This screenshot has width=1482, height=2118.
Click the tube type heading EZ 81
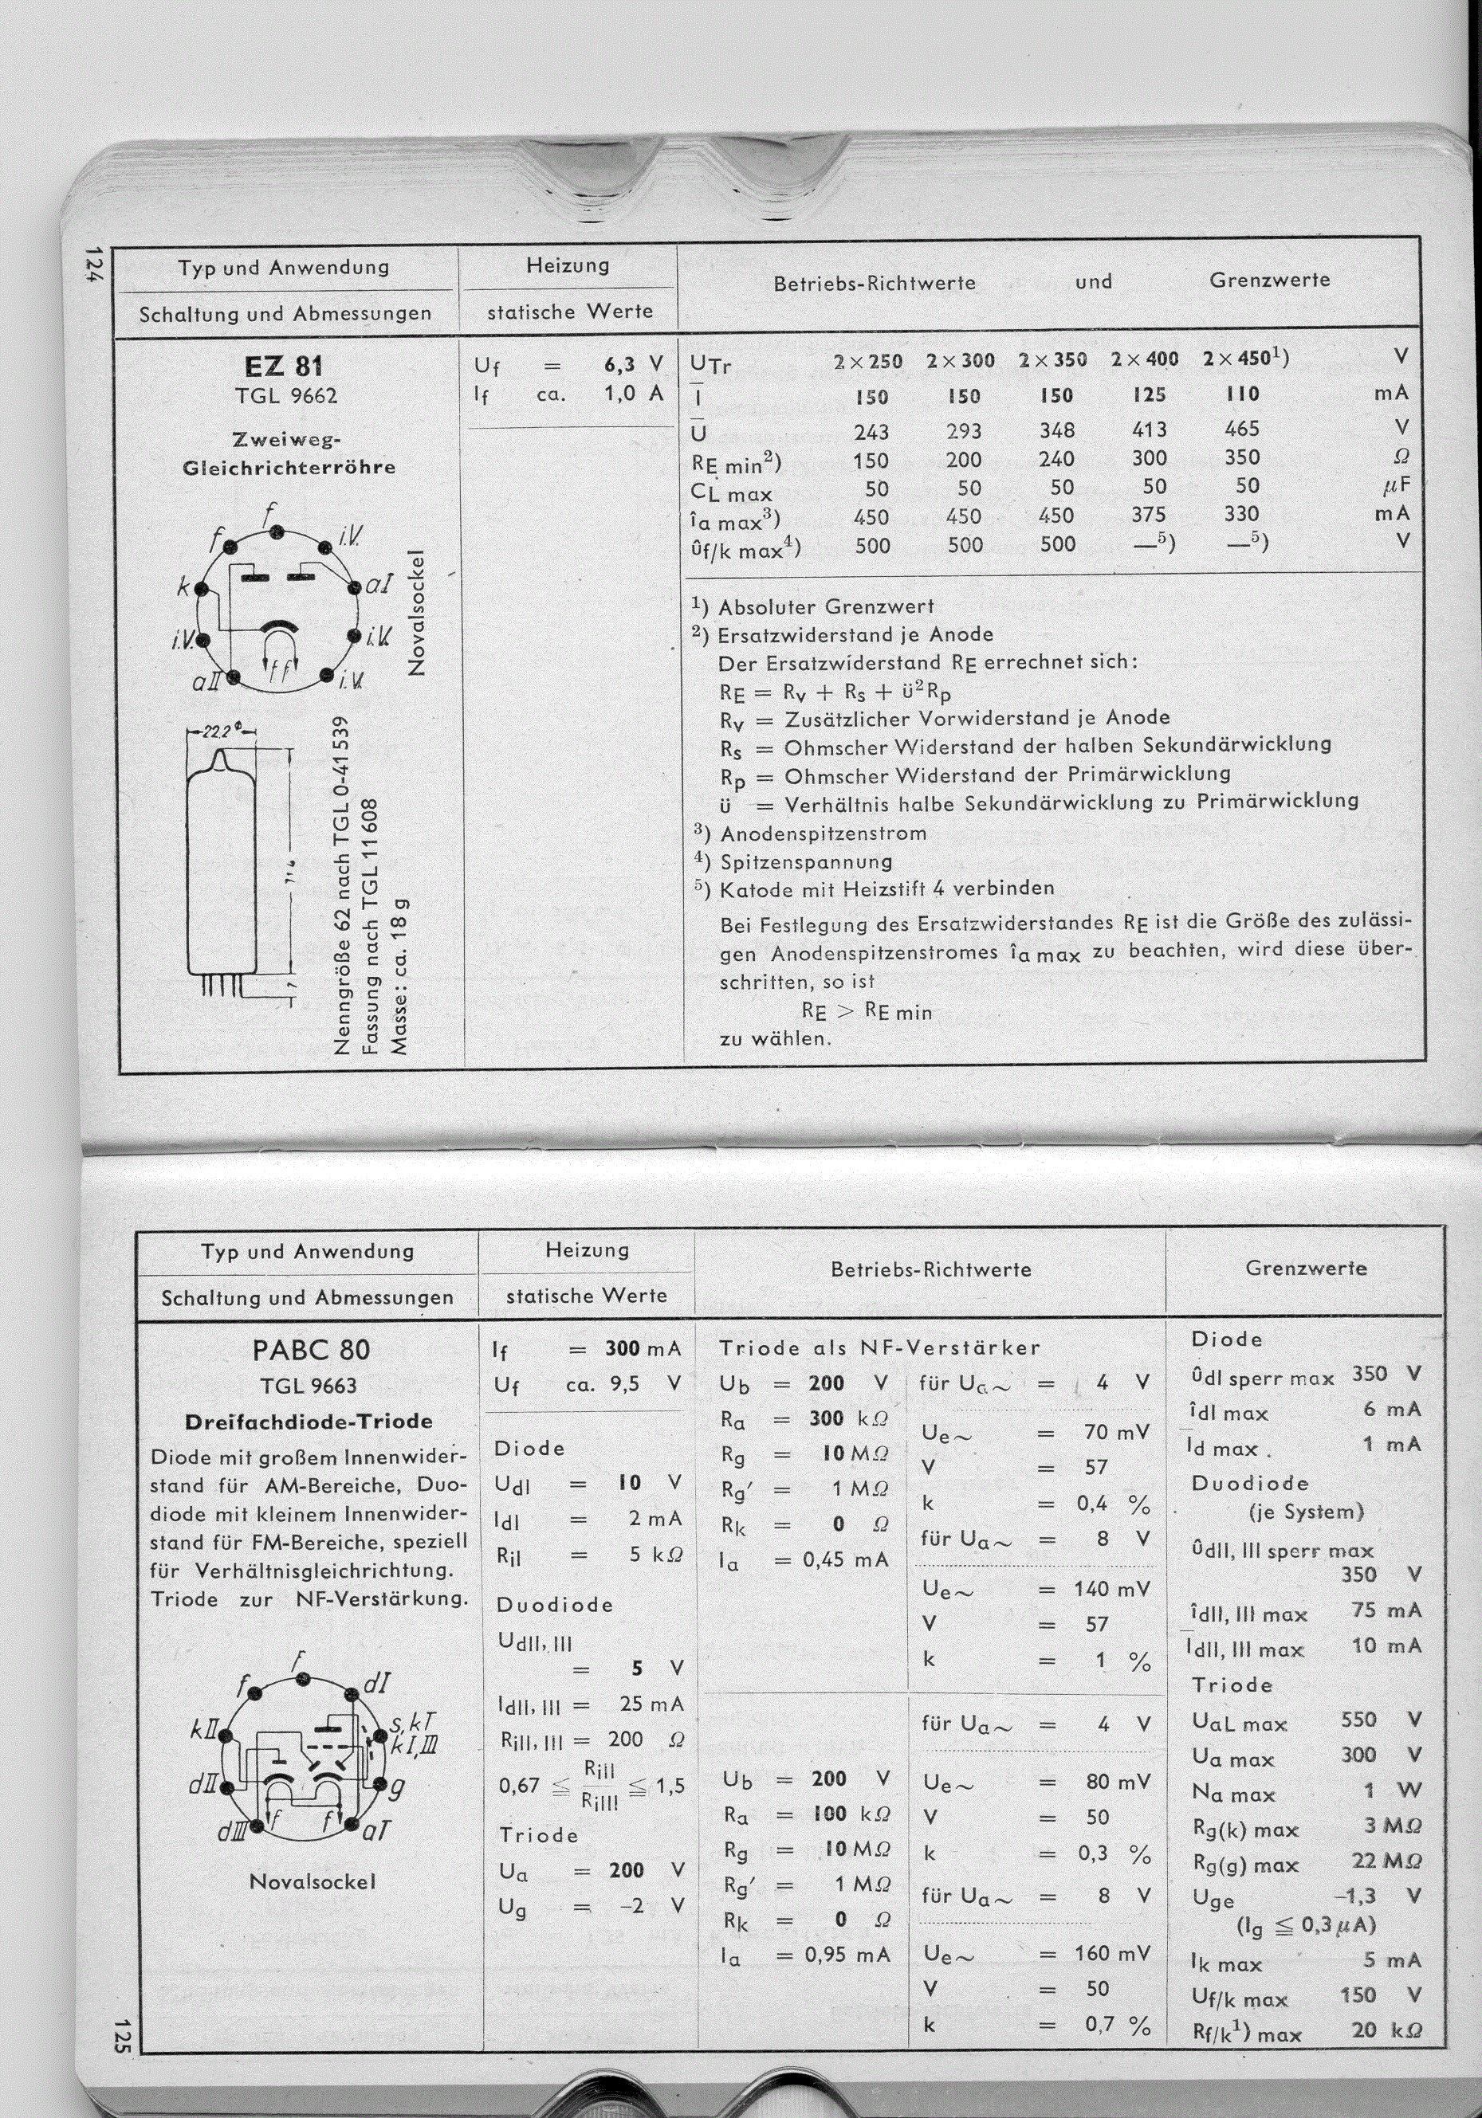tap(285, 367)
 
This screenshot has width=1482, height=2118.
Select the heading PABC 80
tap(311, 1350)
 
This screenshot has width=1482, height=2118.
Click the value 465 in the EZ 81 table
tap(1242, 429)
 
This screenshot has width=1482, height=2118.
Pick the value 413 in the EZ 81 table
tap(1149, 429)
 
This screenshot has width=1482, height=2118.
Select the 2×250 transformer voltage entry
tap(867, 362)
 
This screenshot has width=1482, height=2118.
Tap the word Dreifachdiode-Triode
tap(309, 1422)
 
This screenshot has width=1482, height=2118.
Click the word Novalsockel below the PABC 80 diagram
tap(312, 1881)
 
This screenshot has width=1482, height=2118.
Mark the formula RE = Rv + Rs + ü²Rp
tap(835, 692)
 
